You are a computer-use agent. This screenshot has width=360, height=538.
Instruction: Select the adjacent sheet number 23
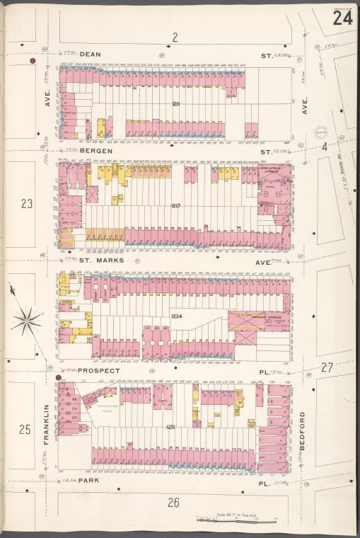coord(27,205)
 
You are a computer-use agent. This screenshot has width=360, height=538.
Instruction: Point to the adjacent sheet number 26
coord(174,503)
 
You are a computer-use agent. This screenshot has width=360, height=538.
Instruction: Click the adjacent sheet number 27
coord(326,367)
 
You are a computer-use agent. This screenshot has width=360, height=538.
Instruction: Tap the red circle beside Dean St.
coord(33,62)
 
